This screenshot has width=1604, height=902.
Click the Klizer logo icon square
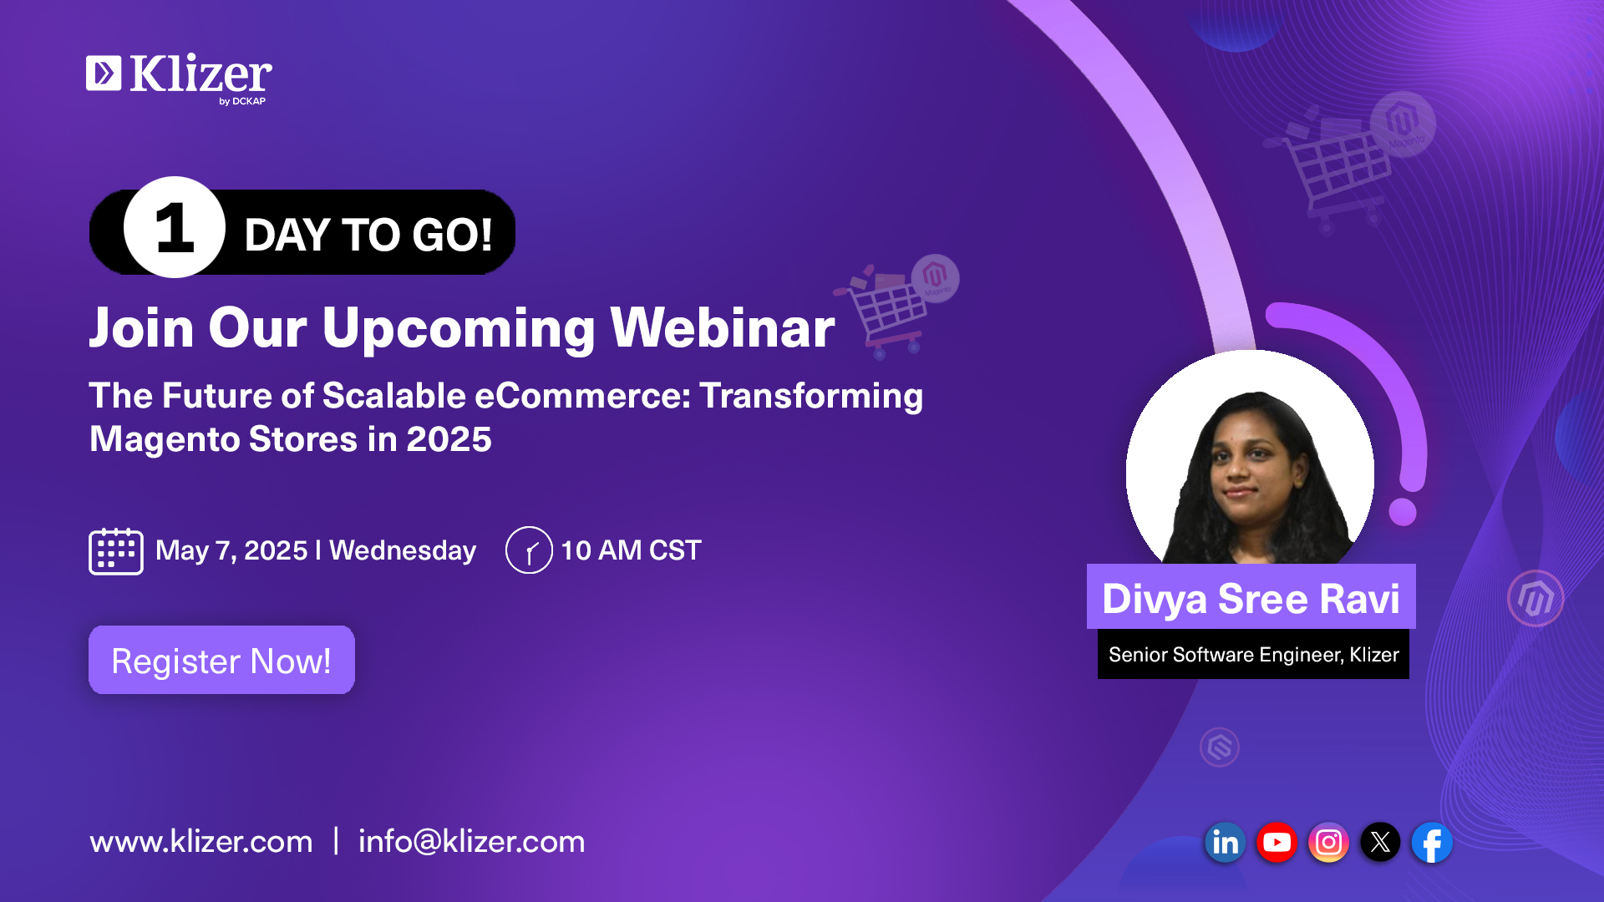[104, 73]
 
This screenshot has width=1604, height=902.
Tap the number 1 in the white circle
[175, 228]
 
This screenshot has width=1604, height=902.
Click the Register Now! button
[221, 660]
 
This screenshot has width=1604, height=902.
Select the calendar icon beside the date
[116, 551]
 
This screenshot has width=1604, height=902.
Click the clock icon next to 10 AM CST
[529, 550]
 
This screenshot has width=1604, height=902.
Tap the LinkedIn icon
[1225, 843]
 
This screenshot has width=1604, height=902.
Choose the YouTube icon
[1277, 843]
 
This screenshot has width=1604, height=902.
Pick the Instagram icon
[1328, 843]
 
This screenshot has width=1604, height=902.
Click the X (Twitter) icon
[1380, 843]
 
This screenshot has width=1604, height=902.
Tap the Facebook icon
[1432, 843]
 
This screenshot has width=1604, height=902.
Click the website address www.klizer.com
[201, 842]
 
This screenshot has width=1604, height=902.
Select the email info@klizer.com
[472, 842]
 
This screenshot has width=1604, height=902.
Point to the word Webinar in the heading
[723, 327]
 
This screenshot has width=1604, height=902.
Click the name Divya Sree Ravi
[1251, 599]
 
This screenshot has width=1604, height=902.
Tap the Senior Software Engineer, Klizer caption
[1253, 655]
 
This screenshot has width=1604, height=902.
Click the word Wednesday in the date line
[403, 550]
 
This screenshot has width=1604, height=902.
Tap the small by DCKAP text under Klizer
[242, 101]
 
